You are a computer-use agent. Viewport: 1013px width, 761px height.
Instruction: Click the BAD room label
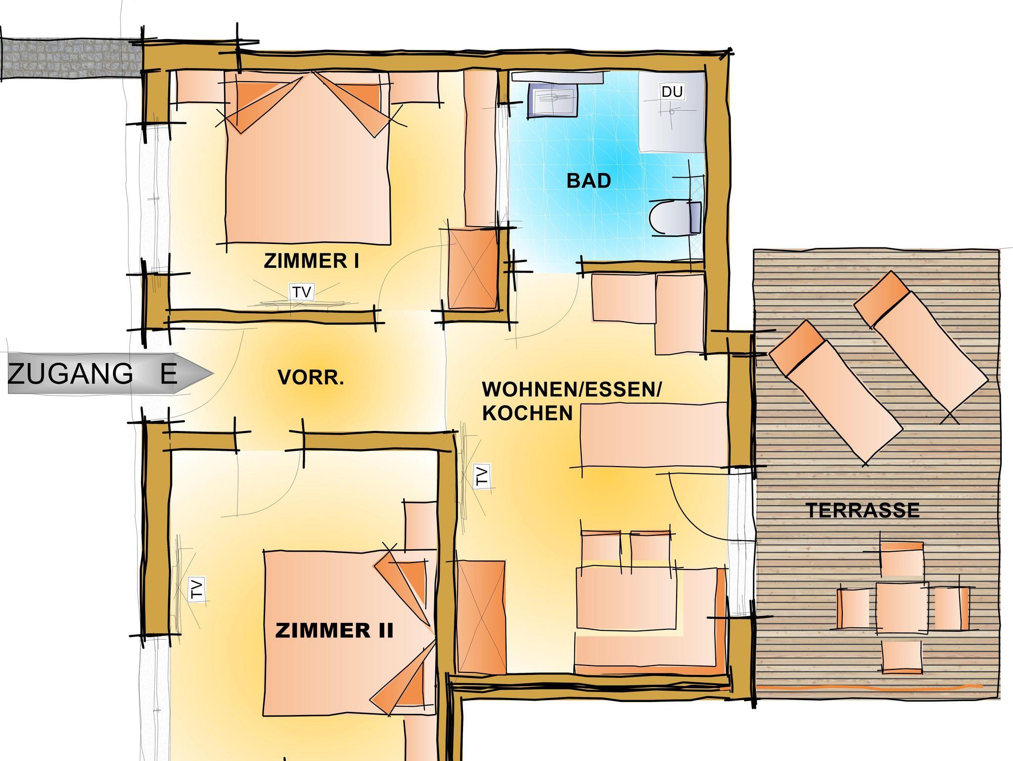589,181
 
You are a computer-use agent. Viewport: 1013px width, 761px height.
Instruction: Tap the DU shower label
672,92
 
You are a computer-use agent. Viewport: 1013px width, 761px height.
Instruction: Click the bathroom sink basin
553,99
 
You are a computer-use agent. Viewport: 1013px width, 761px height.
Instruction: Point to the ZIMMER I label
311,261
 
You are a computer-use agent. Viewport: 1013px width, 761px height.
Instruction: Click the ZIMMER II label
334,631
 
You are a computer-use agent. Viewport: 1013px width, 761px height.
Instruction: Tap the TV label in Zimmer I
301,292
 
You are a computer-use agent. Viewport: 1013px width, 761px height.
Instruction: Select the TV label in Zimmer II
197,589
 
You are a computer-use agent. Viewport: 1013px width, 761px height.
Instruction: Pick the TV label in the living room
482,476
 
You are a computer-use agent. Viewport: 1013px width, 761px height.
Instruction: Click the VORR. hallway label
311,378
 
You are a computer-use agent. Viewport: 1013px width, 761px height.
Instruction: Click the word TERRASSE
863,511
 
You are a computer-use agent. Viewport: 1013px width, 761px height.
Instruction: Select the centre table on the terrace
902,608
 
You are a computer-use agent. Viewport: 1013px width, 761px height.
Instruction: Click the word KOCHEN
527,413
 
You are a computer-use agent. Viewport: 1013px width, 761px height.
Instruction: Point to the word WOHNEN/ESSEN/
571,389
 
